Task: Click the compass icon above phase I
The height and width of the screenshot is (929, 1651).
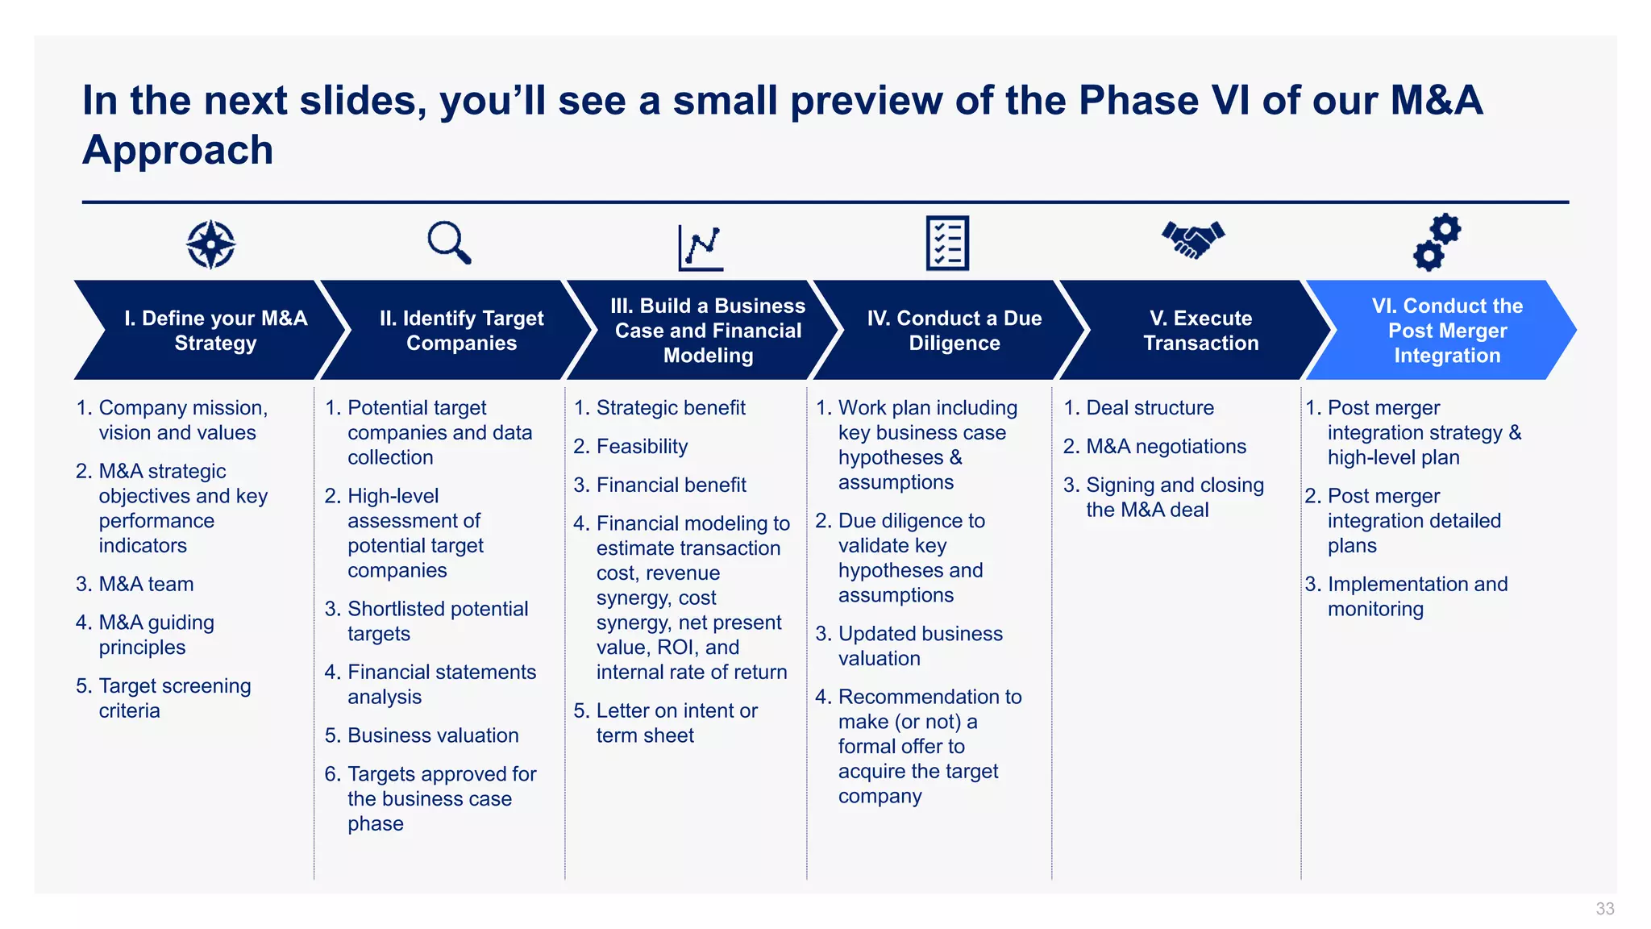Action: (x=210, y=244)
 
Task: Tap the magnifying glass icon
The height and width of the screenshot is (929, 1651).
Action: (x=448, y=242)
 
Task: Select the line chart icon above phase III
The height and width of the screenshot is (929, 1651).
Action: (x=701, y=247)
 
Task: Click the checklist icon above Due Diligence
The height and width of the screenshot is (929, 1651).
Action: (x=947, y=243)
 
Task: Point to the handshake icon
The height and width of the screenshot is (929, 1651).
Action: (x=1192, y=239)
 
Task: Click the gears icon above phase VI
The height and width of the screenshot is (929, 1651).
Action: (x=1437, y=242)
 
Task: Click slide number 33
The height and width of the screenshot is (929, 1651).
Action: (x=1604, y=909)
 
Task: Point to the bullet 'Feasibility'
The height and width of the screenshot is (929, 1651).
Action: (x=642, y=447)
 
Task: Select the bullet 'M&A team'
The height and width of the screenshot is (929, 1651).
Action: (x=146, y=584)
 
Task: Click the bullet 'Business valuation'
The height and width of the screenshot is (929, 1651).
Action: (x=433, y=735)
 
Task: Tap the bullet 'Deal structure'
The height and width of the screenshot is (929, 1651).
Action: (x=1150, y=408)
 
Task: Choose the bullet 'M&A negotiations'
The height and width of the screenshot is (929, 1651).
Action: (x=1166, y=447)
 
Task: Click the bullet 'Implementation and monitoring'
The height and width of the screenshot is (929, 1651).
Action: (x=1416, y=596)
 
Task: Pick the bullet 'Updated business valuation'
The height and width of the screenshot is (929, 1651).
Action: (x=920, y=646)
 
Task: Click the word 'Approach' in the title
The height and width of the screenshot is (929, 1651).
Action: (x=178, y=151)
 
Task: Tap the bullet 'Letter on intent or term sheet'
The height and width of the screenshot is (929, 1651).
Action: (x=676, y=723)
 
